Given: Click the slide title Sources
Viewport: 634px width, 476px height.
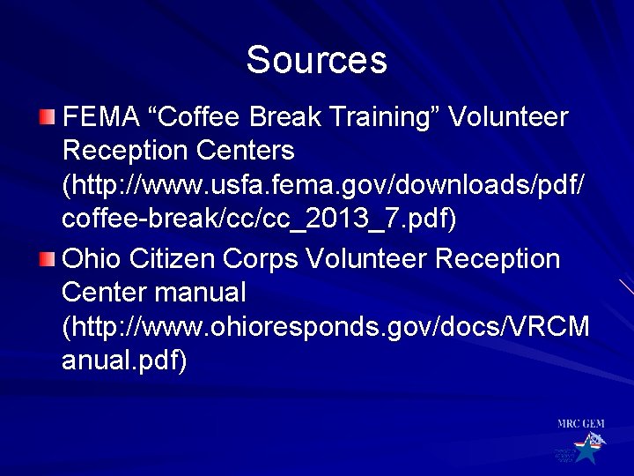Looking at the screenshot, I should pos(316,60).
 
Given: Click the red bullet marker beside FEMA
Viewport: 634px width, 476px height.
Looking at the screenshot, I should pos(47,117).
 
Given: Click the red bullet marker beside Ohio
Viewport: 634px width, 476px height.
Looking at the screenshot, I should pos(47,259).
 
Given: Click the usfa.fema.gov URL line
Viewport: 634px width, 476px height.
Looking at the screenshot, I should pos(322,186).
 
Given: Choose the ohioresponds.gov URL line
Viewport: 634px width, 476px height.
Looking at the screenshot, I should pos(326,327).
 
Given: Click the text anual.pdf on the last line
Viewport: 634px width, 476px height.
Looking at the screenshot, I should pos(124,361).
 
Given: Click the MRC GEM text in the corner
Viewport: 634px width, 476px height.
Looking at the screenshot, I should pos(580,424).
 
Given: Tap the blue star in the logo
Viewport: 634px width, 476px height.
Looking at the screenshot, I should pos(585,451).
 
